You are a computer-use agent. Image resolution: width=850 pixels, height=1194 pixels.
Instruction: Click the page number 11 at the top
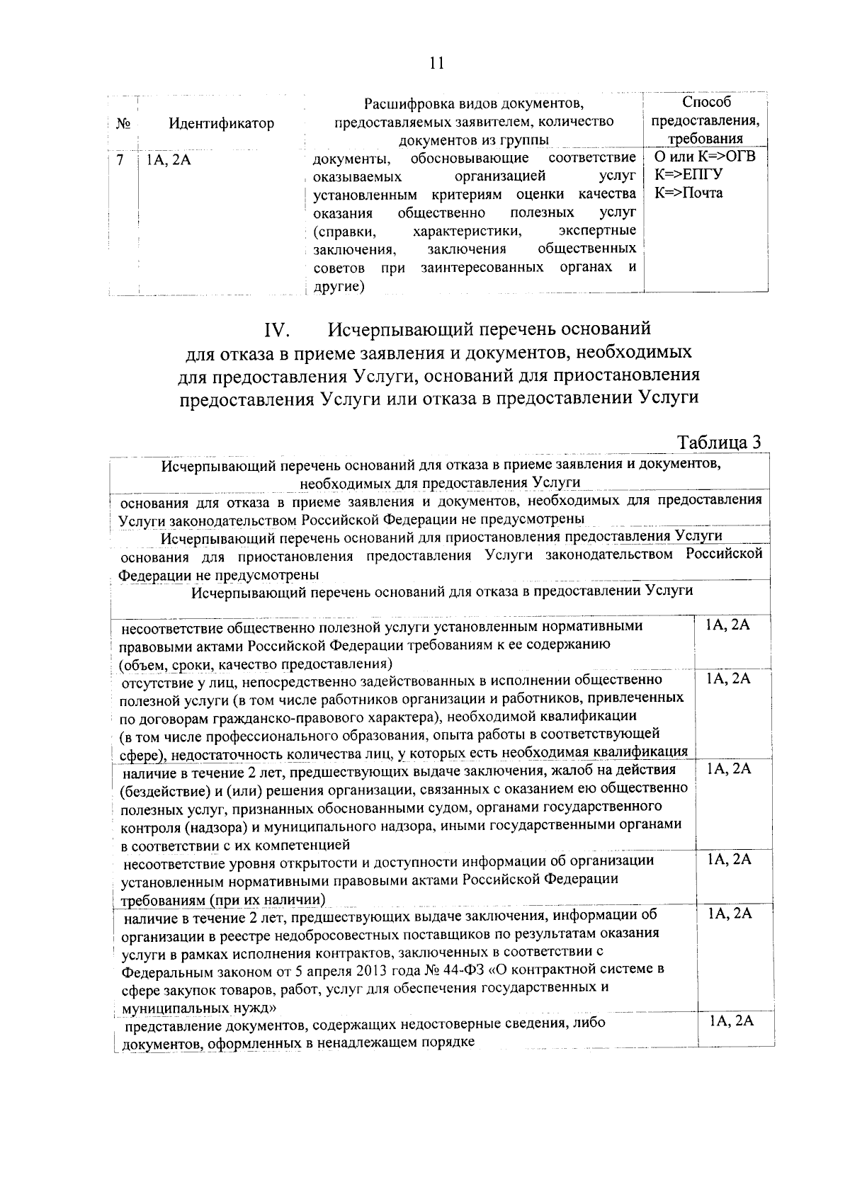[436, 63]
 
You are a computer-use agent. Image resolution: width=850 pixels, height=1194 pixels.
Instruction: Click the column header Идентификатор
[221, 123]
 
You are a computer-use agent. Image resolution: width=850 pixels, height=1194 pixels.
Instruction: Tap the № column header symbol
[122, 123]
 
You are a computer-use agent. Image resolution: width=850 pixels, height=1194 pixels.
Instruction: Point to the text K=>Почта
[688, 193]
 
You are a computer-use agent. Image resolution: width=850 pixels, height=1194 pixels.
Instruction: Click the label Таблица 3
[719, 443]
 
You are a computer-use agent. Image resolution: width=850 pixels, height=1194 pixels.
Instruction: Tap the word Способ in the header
[706, 103]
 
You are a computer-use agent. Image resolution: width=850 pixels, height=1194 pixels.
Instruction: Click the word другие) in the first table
[339, 286]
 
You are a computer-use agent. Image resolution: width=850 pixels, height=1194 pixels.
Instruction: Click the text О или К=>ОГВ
[704, 156]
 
